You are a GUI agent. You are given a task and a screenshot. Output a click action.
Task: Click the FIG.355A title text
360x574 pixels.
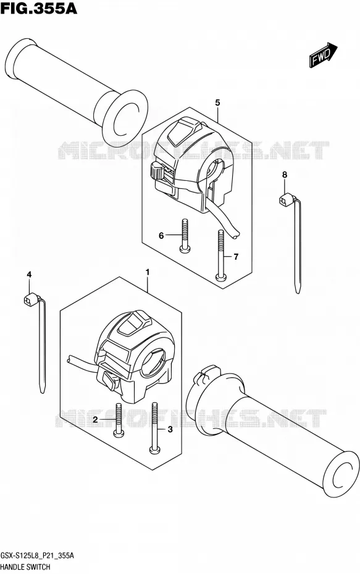pyautogui.click(x=39, y=8)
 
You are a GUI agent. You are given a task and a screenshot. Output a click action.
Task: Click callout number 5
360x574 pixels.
pyautogui.click(x=217, y=103)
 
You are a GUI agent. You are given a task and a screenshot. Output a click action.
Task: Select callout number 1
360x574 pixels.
pyautogui.click(x=148, y=272)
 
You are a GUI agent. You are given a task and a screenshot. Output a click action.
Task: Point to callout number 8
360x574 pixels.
pyautogui.click(x=285, y=175)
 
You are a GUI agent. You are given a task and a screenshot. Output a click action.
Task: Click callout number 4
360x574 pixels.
pyautogui.click(x=29, y=274)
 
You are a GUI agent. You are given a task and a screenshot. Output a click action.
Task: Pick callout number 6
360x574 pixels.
pyautogui.click(x=161, y=236)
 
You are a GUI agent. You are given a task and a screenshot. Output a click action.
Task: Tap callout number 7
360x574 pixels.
pyautogui.click(x=236, y=257)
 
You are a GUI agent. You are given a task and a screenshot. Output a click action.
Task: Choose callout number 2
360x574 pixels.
pyautogui.click(x=95, y=420)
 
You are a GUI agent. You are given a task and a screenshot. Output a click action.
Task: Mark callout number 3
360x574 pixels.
pyautogui.click(x=170, y=430)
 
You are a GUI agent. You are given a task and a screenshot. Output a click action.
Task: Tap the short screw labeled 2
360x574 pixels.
pyautogui.click(x=119, y=420)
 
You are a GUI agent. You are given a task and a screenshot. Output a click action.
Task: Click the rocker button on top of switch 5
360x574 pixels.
pyautogui.click(x=182, y=131)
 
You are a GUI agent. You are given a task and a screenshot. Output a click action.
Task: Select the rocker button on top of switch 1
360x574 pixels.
pyautogui.click(x=132, y=323)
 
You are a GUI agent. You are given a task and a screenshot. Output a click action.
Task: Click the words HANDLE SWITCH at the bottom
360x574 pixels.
pyautogui.click(x=25, y=567)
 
